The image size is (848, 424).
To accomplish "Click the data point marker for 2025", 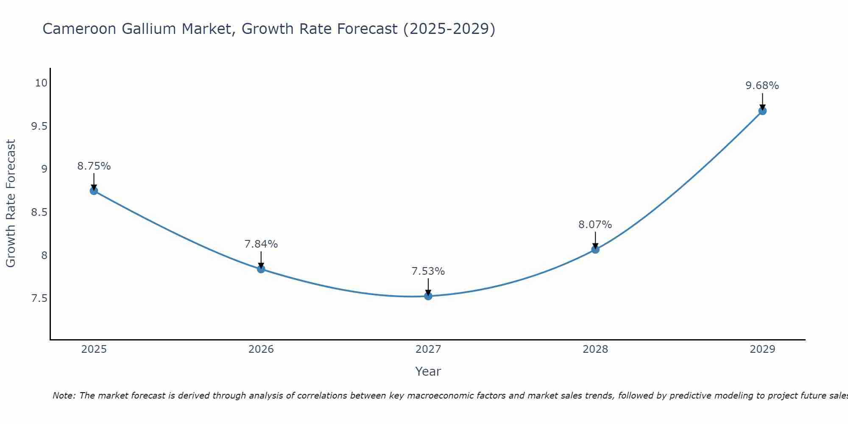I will click(x=94, y=191).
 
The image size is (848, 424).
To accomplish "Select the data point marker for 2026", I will click(x=261, y=269).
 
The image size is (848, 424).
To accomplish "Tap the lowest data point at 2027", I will click(x=428, y=296).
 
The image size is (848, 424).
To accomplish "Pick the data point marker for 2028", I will click(x=595, y=249).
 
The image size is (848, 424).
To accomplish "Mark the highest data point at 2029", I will click(x=762, y=111).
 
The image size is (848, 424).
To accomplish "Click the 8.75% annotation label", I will click(x=94, y=166).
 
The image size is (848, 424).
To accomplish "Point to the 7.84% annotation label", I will click(x=261, y=244).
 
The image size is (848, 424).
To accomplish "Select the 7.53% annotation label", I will click(x=428, y=271).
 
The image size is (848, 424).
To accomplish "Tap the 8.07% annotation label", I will click(x=595, y=225).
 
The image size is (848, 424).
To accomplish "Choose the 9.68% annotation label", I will click(x=762, y=86).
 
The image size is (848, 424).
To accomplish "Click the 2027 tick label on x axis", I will click(x=428, y=349).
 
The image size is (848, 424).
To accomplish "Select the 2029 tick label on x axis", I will click(x=762, y=349).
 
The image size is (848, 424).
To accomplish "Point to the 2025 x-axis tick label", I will click(x=94, y=349).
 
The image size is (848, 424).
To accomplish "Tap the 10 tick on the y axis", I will click(x=41, y=83).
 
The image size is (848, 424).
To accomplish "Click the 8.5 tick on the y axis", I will click(x=39, y=212).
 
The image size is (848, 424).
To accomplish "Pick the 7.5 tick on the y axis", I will click(x=39, y=298).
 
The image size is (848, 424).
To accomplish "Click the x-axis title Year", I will click(x=428, y=371).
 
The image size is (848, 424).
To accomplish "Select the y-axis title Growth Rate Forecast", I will click(x=11, y=204).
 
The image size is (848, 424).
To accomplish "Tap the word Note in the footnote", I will click(x=64, y=396).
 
